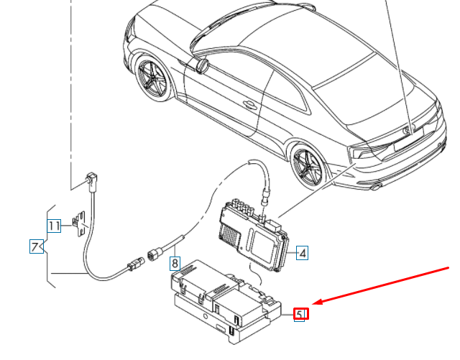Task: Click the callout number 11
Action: [x=54, y=226]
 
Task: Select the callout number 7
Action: [x=37, y=246]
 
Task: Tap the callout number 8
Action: [x=175, y=263]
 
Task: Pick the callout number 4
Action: [x=302, y=253]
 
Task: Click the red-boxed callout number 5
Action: [x=301, y=314]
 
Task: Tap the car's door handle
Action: [x=249, y=104]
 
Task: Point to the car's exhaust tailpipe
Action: [x=375, y=186]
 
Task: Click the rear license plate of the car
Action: [x=408, y=139]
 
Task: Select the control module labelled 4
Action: [x=254, y=234]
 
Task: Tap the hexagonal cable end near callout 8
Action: [x=154, y=254]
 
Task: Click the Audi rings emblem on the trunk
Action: [x=408, y=129]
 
